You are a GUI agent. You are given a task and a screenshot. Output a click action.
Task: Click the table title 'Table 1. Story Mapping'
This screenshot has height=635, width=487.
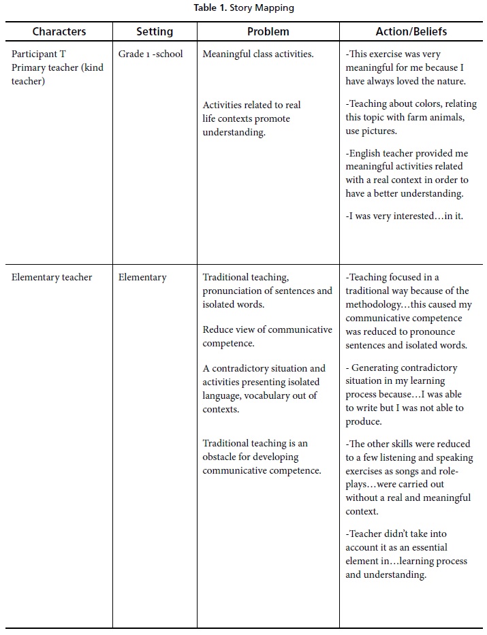[x=243, y=9]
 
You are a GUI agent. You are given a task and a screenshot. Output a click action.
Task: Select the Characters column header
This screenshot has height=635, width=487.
[x=59, y=31]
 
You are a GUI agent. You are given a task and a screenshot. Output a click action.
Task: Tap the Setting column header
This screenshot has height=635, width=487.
[x=155, y=31]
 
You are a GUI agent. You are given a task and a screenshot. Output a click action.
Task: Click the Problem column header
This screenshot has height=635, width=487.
[x=268, y=31]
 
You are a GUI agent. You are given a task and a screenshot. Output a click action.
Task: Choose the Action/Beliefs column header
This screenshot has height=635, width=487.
[x=411, y=31]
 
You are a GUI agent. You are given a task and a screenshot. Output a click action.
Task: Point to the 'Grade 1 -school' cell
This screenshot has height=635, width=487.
[x=151, y=54]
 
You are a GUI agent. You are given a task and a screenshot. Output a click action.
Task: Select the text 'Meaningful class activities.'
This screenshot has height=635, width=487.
[x=258, y=54]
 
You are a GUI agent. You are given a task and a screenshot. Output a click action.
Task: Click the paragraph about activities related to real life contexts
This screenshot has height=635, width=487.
[x=251, y=118]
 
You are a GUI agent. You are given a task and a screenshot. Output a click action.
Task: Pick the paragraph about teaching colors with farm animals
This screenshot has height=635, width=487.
[x=411, y=117]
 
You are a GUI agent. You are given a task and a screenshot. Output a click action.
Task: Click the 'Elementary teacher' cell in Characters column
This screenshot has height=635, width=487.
[x=52, y=277]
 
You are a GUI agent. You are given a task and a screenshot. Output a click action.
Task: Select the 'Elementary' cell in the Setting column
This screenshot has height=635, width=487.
[x=142, y=277]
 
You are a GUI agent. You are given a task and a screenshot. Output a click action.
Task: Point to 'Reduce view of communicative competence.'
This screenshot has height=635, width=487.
[x=267, y=336]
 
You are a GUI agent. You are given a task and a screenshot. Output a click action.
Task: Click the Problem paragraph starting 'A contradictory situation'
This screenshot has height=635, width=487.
[x=264, y=389]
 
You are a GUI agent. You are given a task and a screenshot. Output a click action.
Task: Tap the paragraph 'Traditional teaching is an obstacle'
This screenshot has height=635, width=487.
[x=262, y=457]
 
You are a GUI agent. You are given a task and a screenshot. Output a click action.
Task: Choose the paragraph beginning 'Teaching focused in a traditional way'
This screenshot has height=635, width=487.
[x=409, y=311]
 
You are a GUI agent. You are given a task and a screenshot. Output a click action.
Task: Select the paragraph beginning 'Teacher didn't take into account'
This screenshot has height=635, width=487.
[x=406, y=554]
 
